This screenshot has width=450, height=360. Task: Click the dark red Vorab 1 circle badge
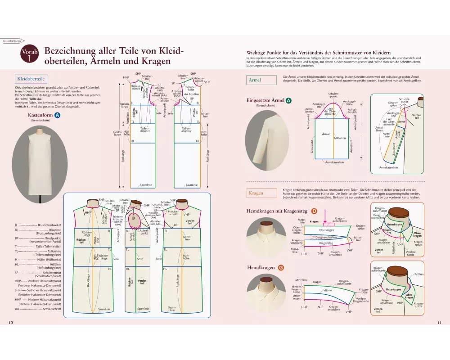pos(30,55)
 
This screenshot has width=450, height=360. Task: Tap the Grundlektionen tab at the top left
pos(12,40)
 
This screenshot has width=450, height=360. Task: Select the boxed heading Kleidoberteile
pos(30,78)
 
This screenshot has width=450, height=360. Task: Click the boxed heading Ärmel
pos(255,80)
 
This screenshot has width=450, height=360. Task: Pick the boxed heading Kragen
pos(256,193)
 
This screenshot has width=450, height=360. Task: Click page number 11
pos(439,323)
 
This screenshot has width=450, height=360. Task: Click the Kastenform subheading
pos(40,115)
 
